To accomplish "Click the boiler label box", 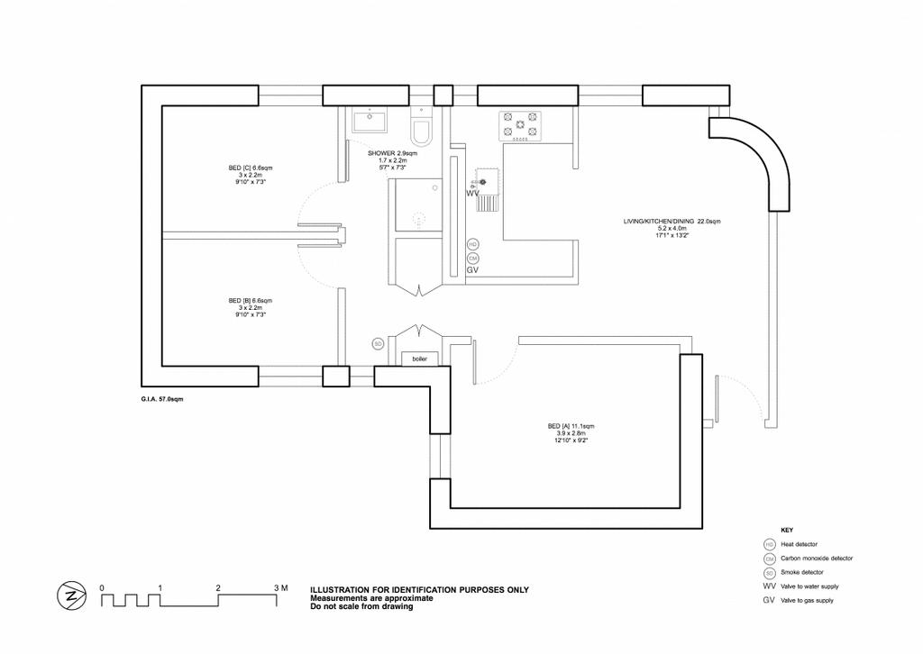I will [419, 359].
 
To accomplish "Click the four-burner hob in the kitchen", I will [521, 127].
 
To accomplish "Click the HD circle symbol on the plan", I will [473, 244].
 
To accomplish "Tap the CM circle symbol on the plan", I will [473, 258].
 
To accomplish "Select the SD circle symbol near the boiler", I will [379, 343].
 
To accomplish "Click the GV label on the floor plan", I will [472, 269].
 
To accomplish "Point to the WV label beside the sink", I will [472, 193].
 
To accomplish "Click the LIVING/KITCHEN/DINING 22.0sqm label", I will [672, 222].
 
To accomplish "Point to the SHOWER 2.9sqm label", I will [388, 154].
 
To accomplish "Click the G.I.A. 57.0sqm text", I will [159, 396].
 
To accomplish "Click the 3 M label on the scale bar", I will [280, 587].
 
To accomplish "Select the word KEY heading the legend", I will [786, 530].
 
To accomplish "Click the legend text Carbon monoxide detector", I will [817, 559].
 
